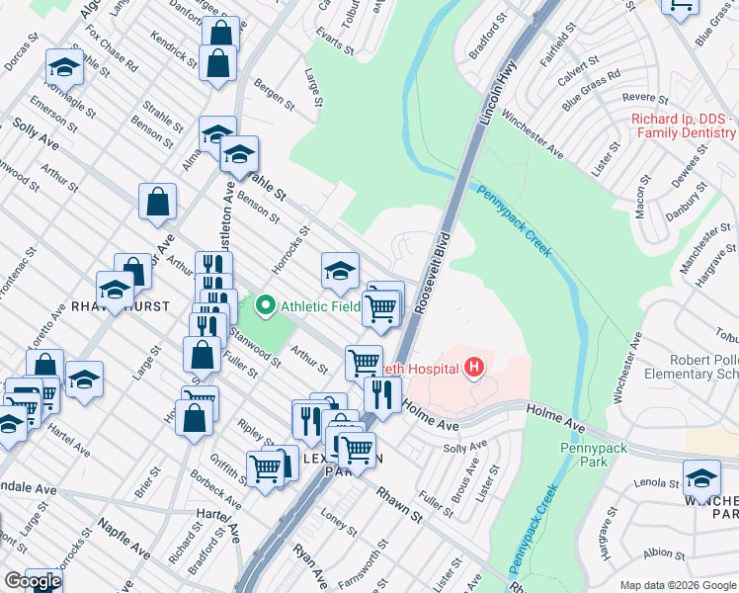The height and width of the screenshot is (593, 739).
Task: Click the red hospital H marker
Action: tap(474, 369)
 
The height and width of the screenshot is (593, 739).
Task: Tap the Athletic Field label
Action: tap(320, 306)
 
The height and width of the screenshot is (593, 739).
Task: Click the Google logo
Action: tap(32, 581)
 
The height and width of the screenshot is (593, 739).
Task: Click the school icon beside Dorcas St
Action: tap(63, 68)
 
